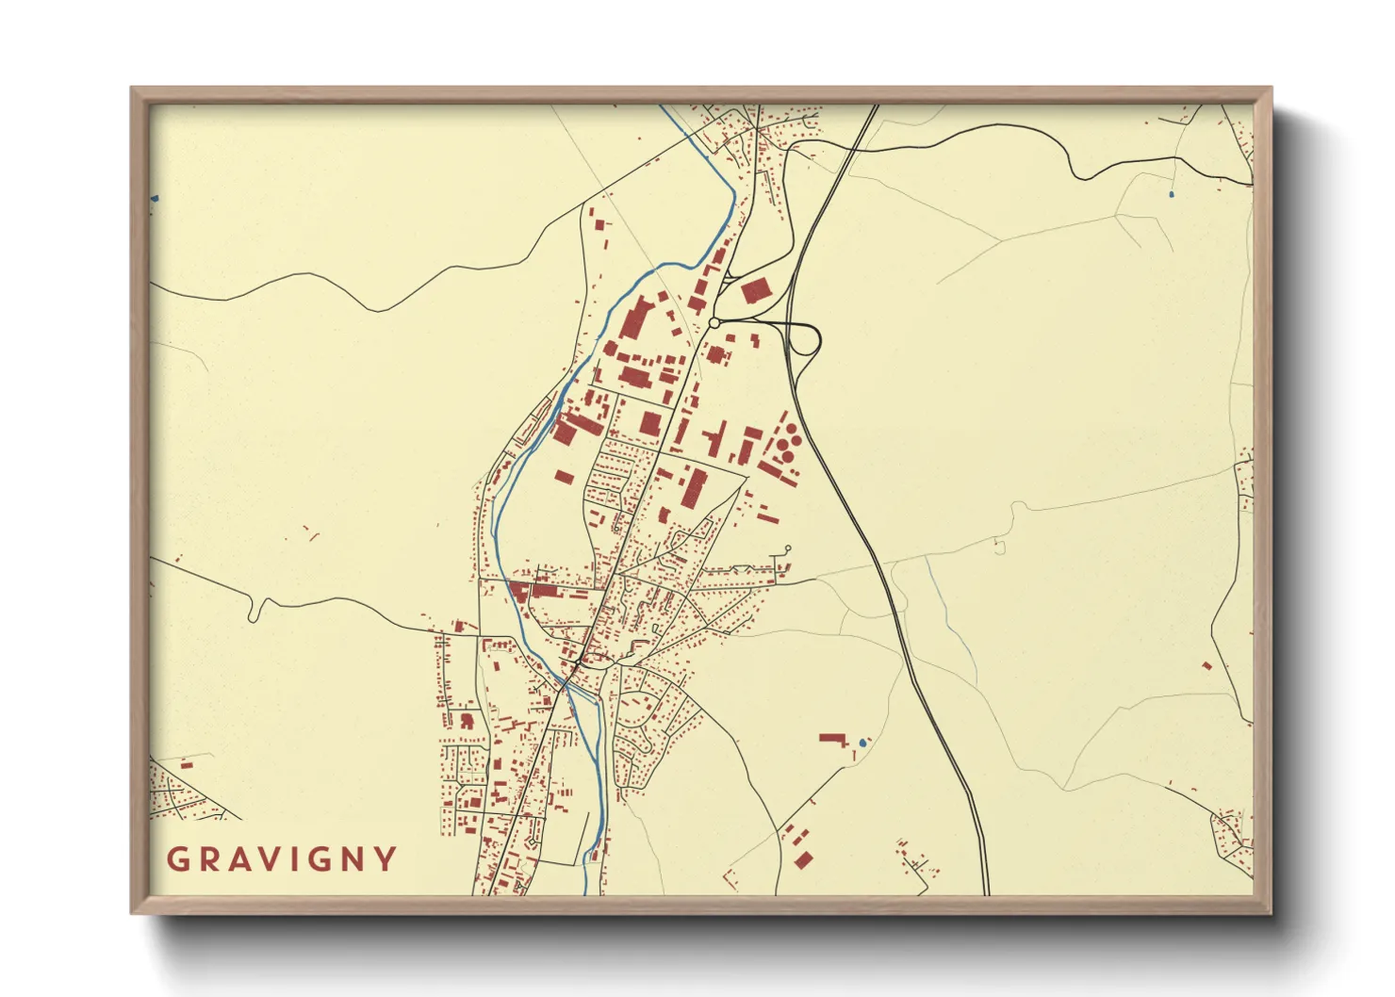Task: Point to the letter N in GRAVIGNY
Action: click(353, 859)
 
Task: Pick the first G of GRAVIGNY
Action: click(176, 859)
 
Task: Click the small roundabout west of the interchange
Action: click(714, 323)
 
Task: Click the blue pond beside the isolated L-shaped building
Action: click(862, 743)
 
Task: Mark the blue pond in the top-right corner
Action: click(1171, 194)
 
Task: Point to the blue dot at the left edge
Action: click(155, 199)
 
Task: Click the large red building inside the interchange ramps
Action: click(754, 291)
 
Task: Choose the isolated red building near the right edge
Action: click(1206, 665)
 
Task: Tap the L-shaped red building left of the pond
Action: click(832, 739)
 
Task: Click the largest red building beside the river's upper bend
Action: click(634, 318)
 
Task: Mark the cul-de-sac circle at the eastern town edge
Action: click(787, 548)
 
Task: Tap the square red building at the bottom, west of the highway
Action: click(803, 858)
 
